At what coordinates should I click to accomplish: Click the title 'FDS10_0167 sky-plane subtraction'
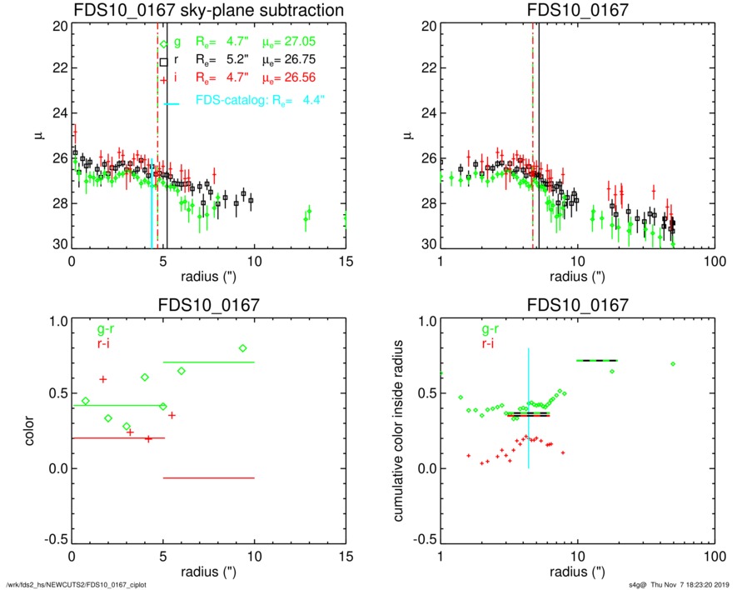tap(208, 10)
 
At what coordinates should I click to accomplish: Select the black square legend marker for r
tap(164, 61)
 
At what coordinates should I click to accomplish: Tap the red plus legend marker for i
tap(164, 80)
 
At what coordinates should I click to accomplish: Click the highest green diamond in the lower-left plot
tap(242, 348)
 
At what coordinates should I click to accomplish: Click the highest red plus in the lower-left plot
tap(103, 379)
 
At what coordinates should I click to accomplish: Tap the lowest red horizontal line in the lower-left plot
tap(208, 478)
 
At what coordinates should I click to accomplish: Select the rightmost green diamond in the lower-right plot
tap(673, 364)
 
